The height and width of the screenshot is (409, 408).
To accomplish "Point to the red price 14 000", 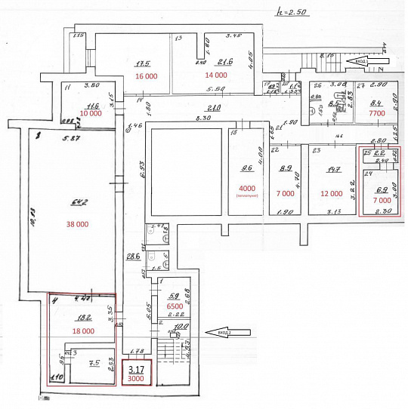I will (x=215, y=75).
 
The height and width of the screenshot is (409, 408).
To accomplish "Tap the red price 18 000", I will (x=83, y=331).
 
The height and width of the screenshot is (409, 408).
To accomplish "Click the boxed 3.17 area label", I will (x=136, y=370).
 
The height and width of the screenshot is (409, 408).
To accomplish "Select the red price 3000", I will (x=136, y=380).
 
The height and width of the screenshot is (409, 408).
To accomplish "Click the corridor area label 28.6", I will (x=133, y=257).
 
